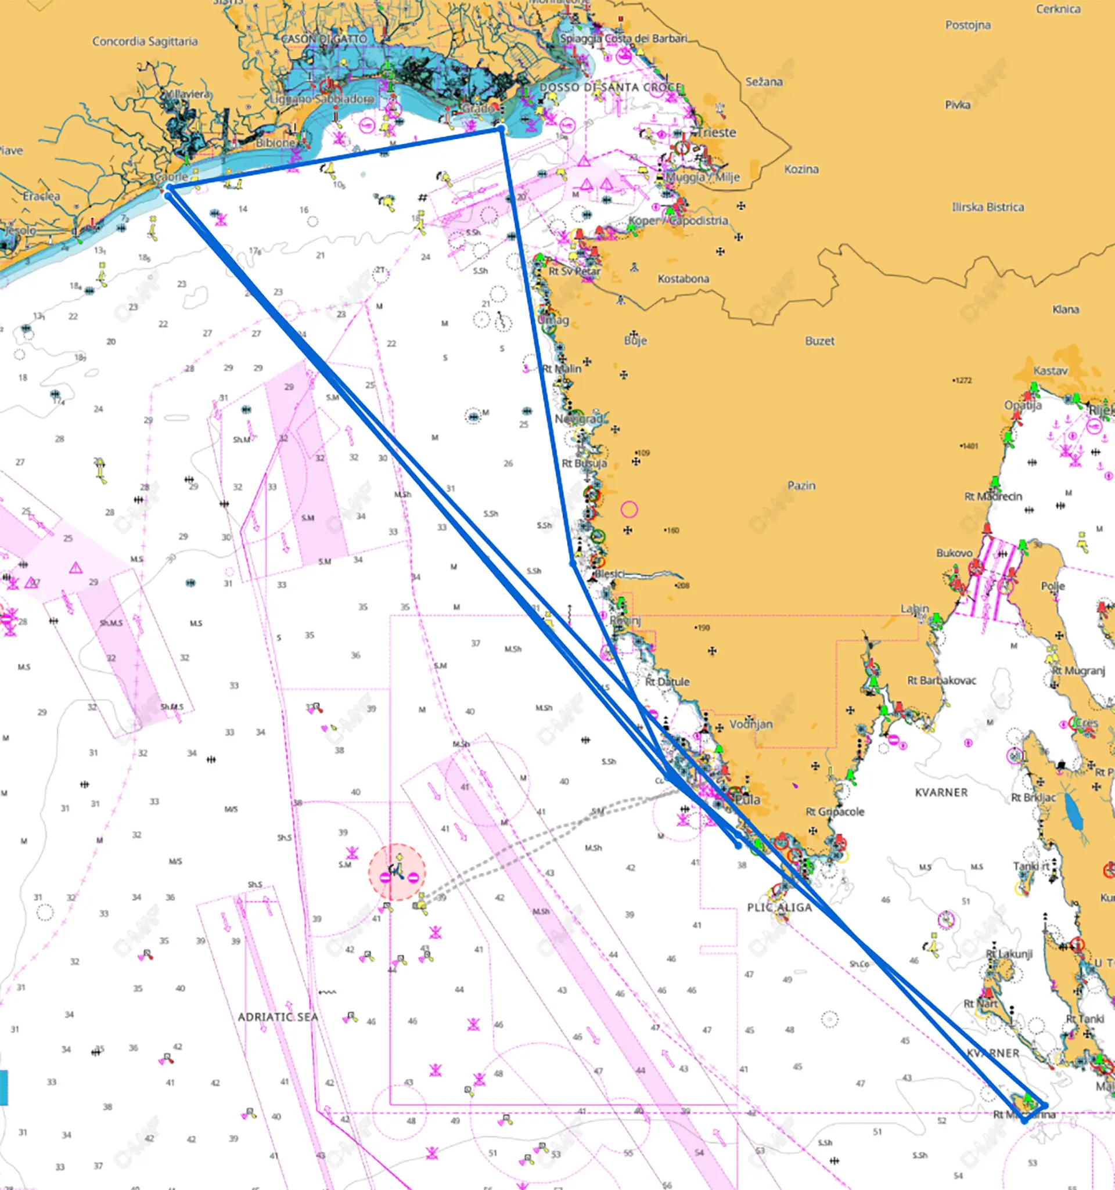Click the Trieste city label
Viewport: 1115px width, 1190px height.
(717, 132)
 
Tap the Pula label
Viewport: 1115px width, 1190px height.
(749, 800)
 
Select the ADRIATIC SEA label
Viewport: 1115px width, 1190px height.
(278, 1017)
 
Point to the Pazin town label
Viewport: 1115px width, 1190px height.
(801, 485)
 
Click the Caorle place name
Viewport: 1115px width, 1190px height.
(171, 176)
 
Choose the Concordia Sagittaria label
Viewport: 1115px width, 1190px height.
(145, 41)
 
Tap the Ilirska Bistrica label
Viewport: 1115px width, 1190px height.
(987, 207)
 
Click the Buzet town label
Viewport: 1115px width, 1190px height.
(819, 341)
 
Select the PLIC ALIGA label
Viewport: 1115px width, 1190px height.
(779, 907)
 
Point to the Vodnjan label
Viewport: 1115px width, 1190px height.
(751, 724)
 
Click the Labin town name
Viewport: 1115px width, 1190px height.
(915, 609)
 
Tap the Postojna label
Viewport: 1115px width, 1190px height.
(967, 25)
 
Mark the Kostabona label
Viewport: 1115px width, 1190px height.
(684, 279)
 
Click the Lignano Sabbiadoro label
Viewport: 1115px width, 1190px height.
(322, 99)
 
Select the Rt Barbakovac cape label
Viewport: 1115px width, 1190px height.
(941, 680)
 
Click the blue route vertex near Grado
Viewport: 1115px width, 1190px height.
(501, 129)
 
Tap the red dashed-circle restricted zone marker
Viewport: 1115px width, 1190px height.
(397, 872)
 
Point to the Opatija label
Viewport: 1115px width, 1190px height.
(1023, 405)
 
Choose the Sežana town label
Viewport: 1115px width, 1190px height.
(764, 81)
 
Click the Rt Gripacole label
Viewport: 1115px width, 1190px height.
(835, 812)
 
